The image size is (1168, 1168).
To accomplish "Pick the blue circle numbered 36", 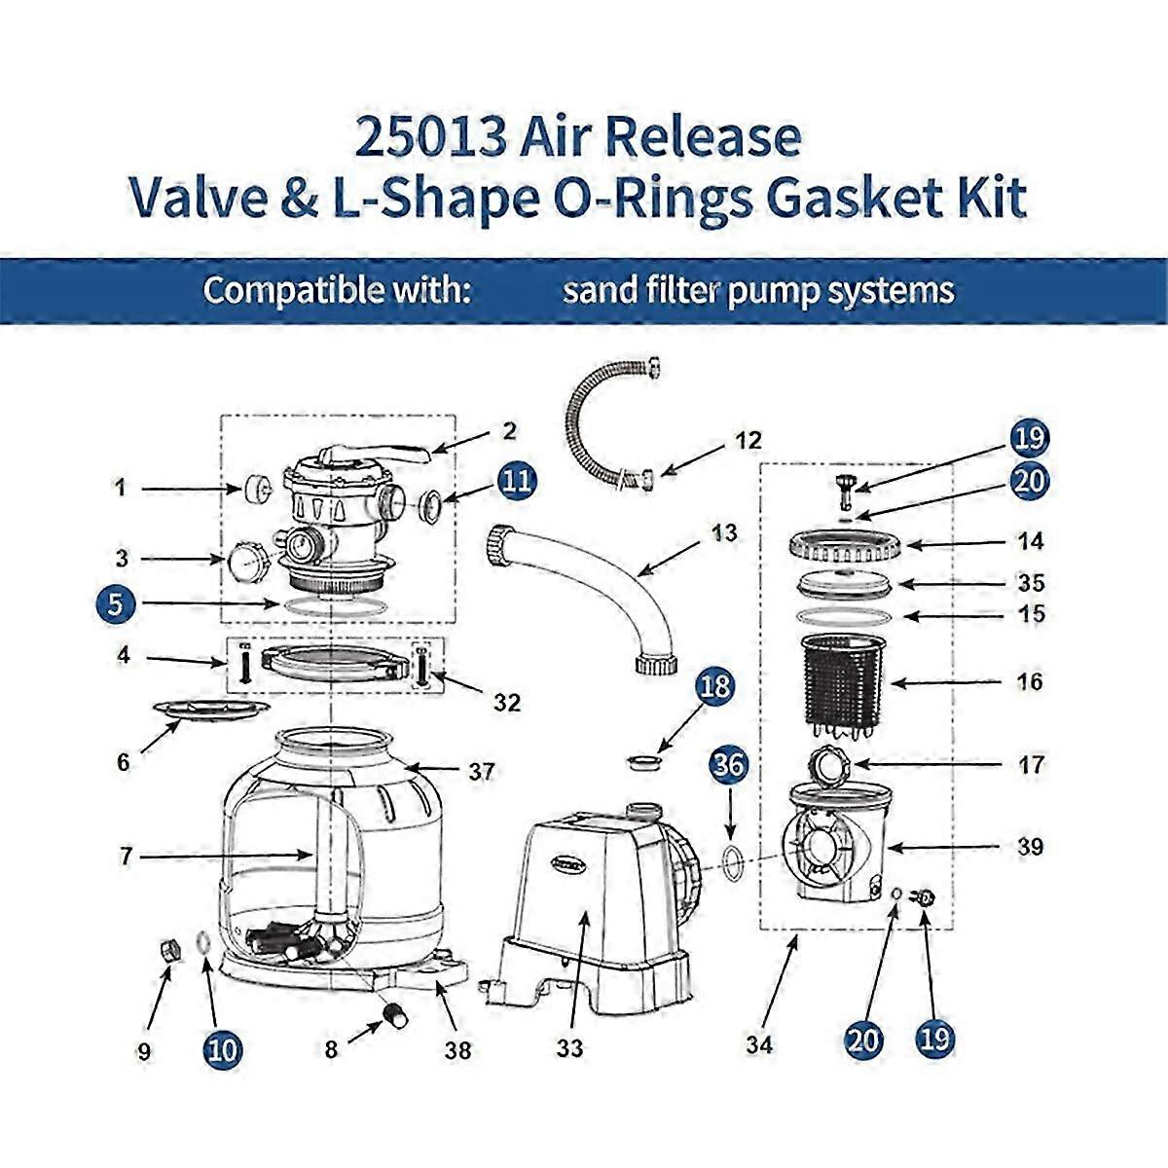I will click(x=731, y=764).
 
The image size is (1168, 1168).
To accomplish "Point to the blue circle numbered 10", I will click(x=223, y=1048).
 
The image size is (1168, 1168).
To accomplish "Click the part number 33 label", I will click(x=569, y=1048).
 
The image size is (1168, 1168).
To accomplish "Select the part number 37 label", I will click(x=481, y=772).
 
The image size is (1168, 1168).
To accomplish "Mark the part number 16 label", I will click(x=1030, y=681).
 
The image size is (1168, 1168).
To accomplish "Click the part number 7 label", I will click(x=125, y=857).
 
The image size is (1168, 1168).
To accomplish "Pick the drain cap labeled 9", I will click(x=168, y=949).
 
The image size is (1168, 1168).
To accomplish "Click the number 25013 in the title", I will click(x=429, y=137).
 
